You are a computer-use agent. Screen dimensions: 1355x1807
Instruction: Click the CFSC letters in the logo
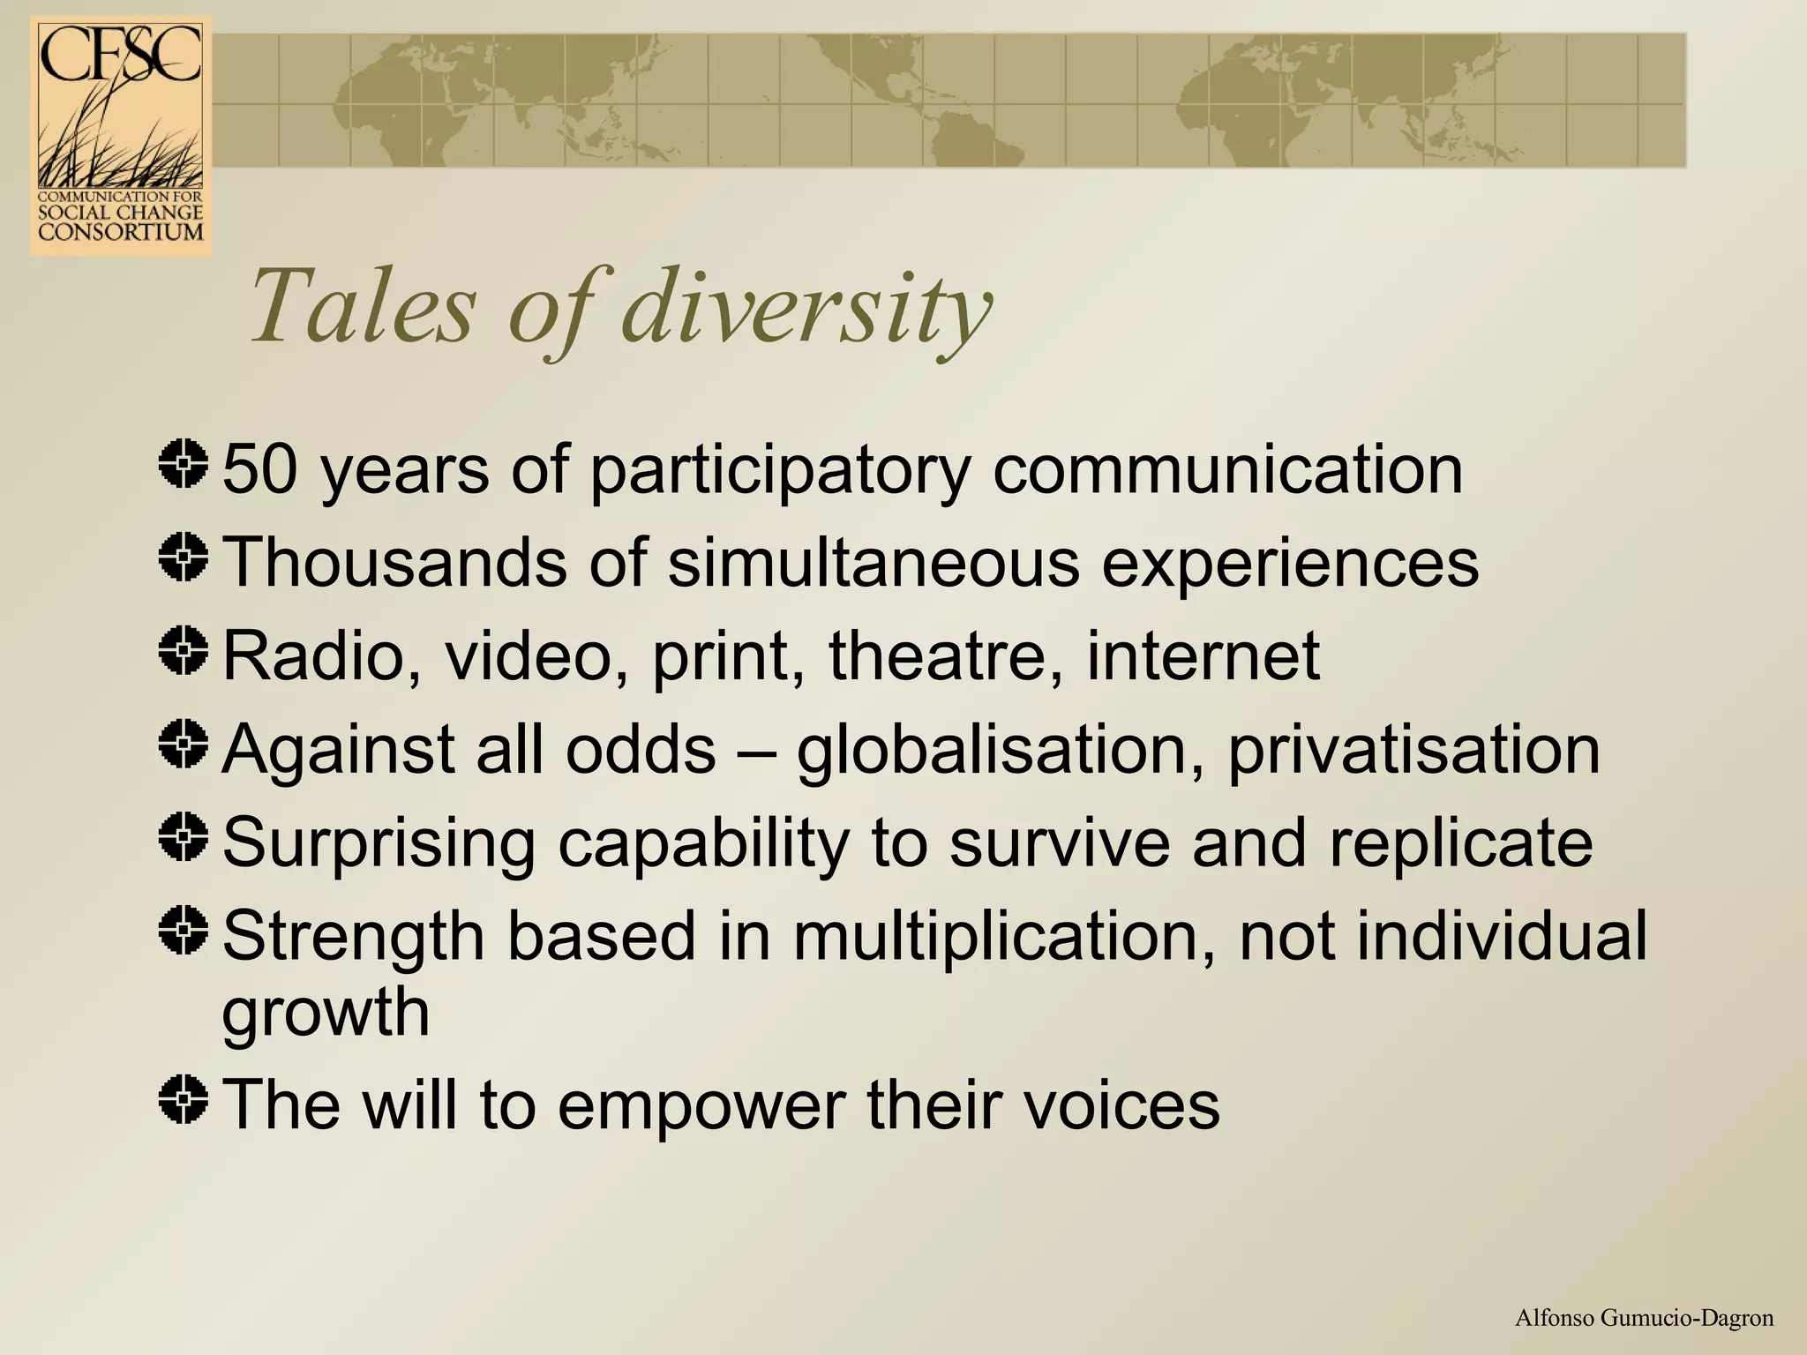tap(120, 55)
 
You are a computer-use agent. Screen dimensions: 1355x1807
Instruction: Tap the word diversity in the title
tap(807, 308)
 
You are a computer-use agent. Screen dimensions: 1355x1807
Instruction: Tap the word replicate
tap(1460, 842)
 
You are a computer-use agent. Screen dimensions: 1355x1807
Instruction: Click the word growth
tap(326, 1013)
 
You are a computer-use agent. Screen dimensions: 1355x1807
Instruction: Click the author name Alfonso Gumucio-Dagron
tap(1644, 1318)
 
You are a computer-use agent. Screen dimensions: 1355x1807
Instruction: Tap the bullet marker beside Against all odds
tap(184, 745)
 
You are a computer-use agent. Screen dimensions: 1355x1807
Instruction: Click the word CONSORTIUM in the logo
tap(121, 232)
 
